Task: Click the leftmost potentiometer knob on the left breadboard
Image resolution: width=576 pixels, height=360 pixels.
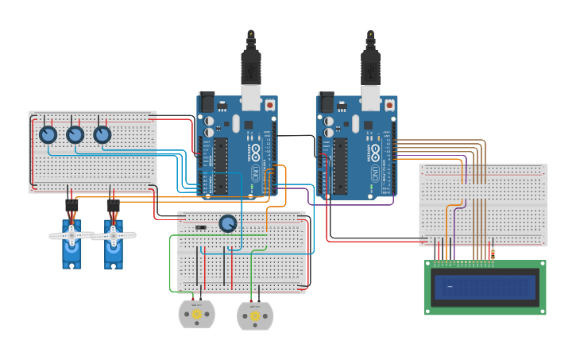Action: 48,134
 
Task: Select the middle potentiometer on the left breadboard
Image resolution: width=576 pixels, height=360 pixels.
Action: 75,134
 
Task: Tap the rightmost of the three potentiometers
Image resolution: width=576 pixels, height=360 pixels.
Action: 102,134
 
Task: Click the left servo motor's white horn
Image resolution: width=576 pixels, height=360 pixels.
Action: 71,235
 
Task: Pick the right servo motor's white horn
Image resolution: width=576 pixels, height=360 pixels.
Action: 113,235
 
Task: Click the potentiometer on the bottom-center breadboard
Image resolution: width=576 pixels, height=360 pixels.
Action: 228,224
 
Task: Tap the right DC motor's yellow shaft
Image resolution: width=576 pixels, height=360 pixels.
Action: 255,316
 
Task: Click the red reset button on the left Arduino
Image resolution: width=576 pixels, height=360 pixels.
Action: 270,104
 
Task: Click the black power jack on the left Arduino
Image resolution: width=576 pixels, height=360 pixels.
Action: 207,102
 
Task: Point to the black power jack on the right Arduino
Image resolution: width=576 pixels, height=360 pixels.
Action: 326,102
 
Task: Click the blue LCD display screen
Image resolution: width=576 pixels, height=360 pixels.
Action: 485,287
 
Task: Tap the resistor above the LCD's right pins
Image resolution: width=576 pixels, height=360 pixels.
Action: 493,254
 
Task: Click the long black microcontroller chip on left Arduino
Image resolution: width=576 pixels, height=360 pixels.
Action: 222,165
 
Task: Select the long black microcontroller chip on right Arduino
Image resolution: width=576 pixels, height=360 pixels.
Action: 341,165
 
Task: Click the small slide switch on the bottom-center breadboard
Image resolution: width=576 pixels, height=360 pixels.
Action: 201,228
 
